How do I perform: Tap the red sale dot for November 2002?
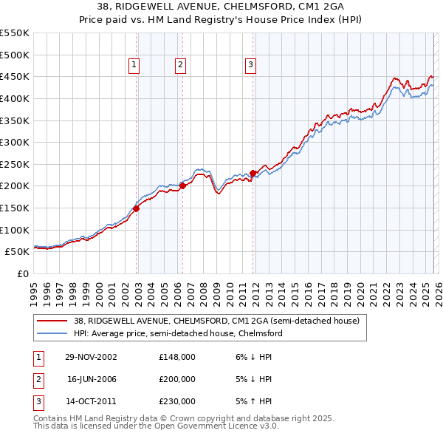coord(137,209)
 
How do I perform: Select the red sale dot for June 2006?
coord(182,186)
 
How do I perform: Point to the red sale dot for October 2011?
coord(253,173)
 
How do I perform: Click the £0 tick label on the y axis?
coord(22,273)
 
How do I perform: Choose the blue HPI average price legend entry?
coord(177,333)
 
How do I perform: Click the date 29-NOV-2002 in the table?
coord(92,357)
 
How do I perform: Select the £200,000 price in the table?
coord(177,379)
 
